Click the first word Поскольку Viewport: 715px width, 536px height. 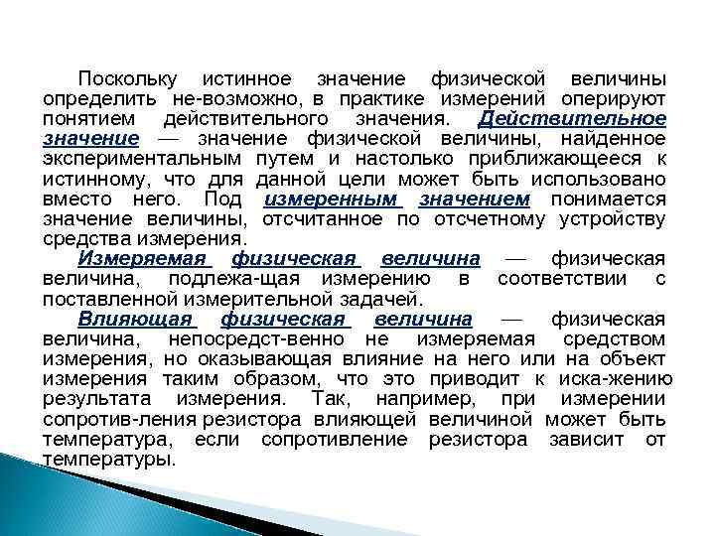tap(128, 78)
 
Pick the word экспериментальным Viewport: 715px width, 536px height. tap(142, 159)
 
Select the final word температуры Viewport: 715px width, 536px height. tap(109, 461)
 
